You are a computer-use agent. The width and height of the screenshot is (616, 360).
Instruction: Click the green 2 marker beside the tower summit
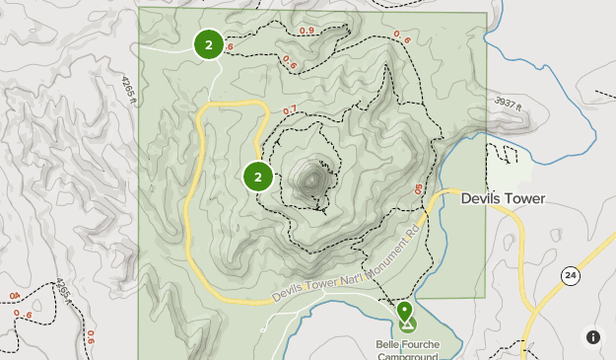pos(258,177)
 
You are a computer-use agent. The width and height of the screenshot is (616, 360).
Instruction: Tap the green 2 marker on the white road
pos(208,44)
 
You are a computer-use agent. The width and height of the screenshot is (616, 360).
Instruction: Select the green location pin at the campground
pos(405,313)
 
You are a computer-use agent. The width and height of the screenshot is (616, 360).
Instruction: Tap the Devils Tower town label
pos(503,199)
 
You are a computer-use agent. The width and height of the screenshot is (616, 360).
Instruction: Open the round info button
pos(593,337)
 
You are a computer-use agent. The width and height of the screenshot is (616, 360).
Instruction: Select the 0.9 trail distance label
pos(307,32)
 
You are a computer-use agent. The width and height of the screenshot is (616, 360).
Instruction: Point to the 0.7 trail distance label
pos(290,110)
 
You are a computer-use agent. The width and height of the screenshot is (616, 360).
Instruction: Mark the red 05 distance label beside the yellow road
pos(419,188)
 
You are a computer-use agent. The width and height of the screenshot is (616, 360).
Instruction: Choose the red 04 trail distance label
pos(14,296)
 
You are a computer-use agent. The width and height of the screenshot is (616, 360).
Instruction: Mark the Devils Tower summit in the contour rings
pos(313,180)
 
